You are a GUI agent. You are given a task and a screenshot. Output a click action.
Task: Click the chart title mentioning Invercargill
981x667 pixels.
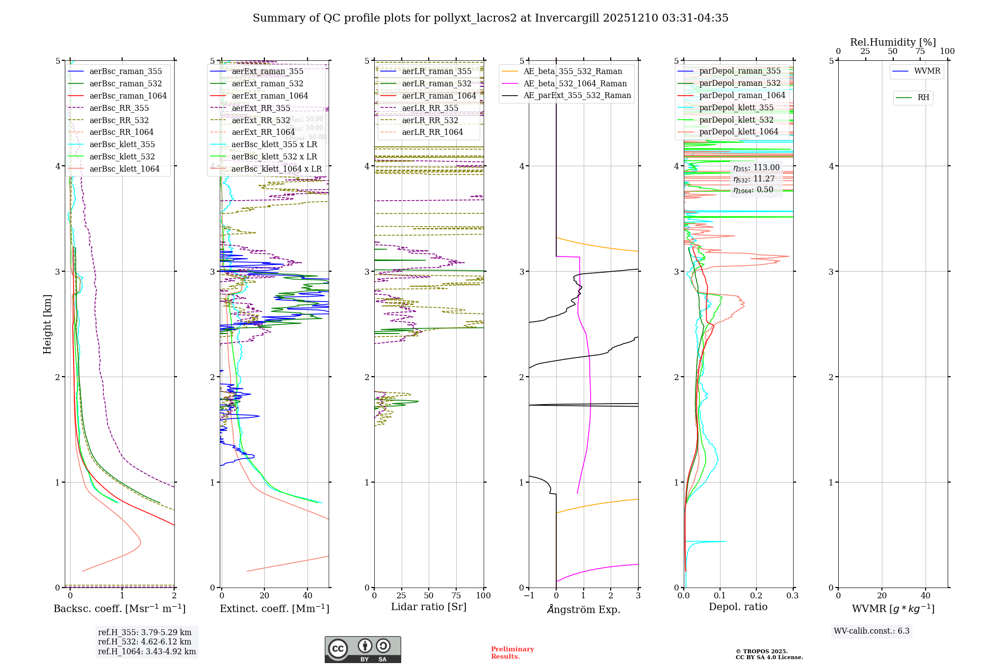490,18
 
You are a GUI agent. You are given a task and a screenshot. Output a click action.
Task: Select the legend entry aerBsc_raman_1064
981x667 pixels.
128,96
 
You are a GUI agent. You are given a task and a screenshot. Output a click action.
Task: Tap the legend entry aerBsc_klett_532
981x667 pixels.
122,156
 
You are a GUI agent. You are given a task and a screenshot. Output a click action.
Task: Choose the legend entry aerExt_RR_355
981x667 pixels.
261,108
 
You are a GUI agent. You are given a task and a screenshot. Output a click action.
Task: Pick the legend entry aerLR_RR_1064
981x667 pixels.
432,132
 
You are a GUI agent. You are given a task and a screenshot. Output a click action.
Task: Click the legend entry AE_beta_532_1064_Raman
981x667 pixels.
575,83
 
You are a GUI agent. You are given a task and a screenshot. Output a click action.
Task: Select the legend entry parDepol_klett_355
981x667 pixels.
736,107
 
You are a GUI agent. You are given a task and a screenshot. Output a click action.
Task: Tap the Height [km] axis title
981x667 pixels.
47,324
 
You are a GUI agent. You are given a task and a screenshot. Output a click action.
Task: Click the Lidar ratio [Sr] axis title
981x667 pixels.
429,607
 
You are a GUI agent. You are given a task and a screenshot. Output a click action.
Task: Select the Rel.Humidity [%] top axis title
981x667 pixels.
893,42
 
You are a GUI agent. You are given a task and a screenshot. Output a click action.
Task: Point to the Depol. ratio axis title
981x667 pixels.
738,607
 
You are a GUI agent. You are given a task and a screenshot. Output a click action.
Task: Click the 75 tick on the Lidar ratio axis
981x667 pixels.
456,595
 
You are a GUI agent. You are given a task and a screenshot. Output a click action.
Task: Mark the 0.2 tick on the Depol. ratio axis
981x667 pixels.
756,595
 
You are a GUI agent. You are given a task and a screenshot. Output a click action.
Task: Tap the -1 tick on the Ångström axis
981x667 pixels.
529,595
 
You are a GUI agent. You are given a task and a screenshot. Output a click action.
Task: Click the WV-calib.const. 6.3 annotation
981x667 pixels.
872,631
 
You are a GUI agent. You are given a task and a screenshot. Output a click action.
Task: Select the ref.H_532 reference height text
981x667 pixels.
145,641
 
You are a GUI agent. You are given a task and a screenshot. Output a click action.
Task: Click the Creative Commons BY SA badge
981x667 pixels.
362,649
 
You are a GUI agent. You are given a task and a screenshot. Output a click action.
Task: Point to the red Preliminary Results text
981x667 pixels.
512,653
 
